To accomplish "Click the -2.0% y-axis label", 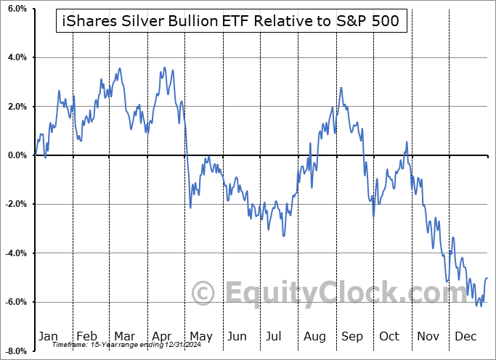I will [x=14, y=204].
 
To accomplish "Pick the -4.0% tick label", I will [x=14, y=253].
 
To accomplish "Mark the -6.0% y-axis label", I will [x=14, y=302].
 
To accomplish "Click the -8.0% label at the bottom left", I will [x=14, y=351].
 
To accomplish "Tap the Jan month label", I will [x=48, y=336].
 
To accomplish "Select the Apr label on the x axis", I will [x=161, y=336].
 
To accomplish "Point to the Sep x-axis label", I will [x=352, y=336].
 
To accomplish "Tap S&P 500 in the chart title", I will [x=370, y=22].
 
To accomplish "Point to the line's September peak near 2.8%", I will [x=341, y=88].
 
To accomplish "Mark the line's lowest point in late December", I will [x=481, y=306].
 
